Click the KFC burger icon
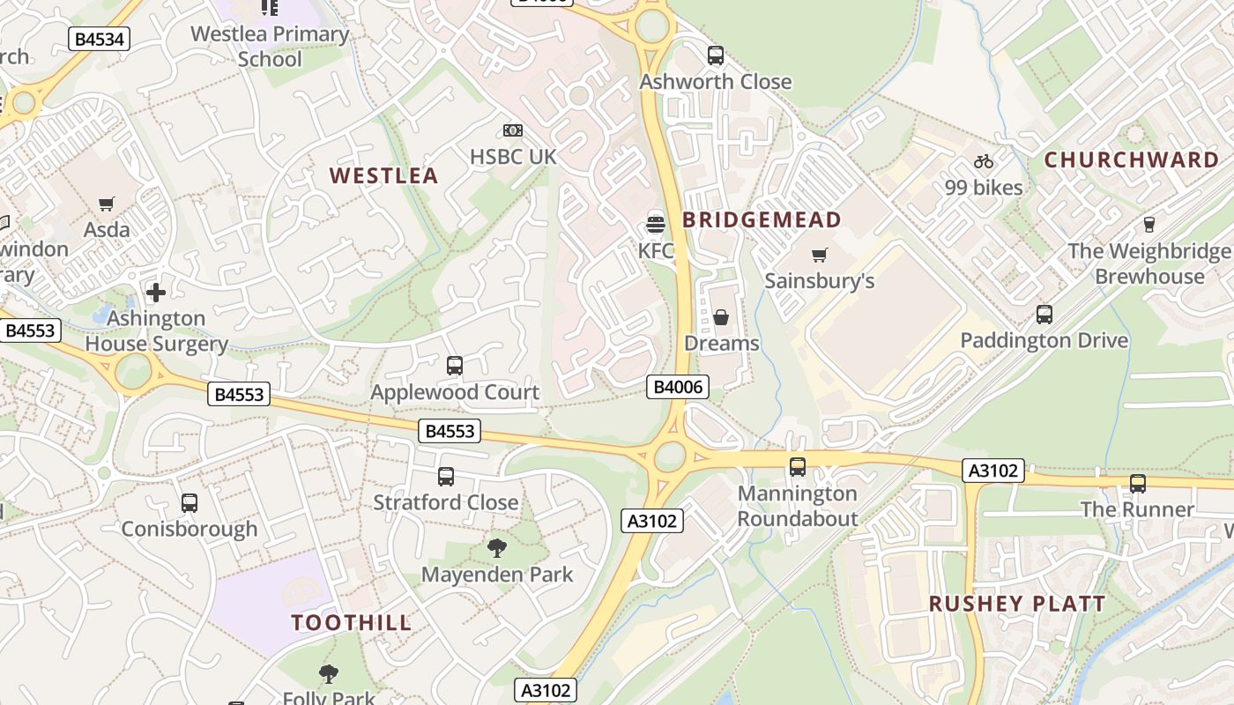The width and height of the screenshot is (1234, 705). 655,222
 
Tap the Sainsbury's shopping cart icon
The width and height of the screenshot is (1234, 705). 820,256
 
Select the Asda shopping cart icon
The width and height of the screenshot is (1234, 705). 107,204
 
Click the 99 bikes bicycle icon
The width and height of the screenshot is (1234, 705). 984,161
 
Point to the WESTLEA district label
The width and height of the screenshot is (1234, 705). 383,175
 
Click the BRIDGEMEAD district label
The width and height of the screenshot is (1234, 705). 762,219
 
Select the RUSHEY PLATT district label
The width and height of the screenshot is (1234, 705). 1016,604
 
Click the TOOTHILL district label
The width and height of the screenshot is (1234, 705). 352,622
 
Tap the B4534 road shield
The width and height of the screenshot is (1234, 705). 100,38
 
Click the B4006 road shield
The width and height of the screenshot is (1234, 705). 677,387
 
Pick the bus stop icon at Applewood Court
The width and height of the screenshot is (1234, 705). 455,365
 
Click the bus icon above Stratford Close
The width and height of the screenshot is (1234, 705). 446,477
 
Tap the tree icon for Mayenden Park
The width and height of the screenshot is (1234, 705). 497,548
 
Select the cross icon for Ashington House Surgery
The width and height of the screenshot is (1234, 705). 156,292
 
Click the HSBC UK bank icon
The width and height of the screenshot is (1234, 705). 513,130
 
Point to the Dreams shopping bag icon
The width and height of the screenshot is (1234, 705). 721,317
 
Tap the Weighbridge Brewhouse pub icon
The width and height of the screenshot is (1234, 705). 1149,224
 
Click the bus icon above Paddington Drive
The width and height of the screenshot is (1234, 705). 1044,314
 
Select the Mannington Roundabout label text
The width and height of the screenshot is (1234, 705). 798,506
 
